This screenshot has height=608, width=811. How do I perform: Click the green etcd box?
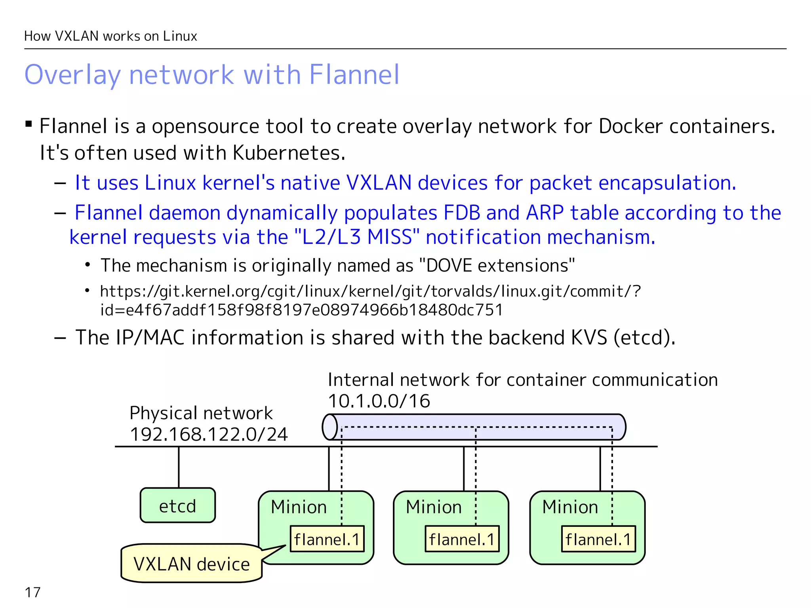[177, 505]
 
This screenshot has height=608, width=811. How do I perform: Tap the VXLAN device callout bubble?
[191, 563]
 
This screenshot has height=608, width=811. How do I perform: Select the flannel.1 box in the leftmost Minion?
[327, 539]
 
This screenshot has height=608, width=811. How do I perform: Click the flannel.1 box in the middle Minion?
[462, 539]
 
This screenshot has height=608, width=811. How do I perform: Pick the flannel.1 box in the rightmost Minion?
[598, 539]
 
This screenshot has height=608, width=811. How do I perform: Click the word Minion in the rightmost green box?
[570, 507]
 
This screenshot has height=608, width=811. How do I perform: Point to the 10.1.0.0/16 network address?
[379, 401]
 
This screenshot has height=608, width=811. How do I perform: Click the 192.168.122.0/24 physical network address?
[209, 434]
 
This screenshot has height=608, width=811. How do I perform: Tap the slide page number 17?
[32, 593]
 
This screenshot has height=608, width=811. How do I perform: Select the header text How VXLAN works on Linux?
[110, 36]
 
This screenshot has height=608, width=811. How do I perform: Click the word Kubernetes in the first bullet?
[289, 153]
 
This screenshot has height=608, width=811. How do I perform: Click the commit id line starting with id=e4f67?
[301, 310]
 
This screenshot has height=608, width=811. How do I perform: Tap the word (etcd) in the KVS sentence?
[644, 337]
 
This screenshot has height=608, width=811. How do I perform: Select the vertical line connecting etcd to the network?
[179, 467]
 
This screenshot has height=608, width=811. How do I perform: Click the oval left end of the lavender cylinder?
[329, 427]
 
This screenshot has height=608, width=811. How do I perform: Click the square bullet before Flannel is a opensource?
[29, 124]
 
